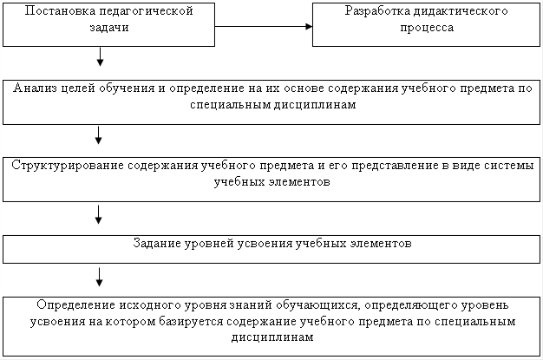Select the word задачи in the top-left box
click(109, 28)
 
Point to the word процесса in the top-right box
click(427, 28)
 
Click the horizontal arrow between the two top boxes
click(264, 26)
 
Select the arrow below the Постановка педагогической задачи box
click(100, 56)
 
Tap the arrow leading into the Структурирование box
click(98, 135)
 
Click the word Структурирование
click(68, 165)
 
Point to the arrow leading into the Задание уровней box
click(98, 214)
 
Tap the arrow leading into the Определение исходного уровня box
click(100, 277)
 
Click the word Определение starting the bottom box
click(75, 304)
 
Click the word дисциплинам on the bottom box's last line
click(272, 337)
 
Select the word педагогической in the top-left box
click(146, 10)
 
